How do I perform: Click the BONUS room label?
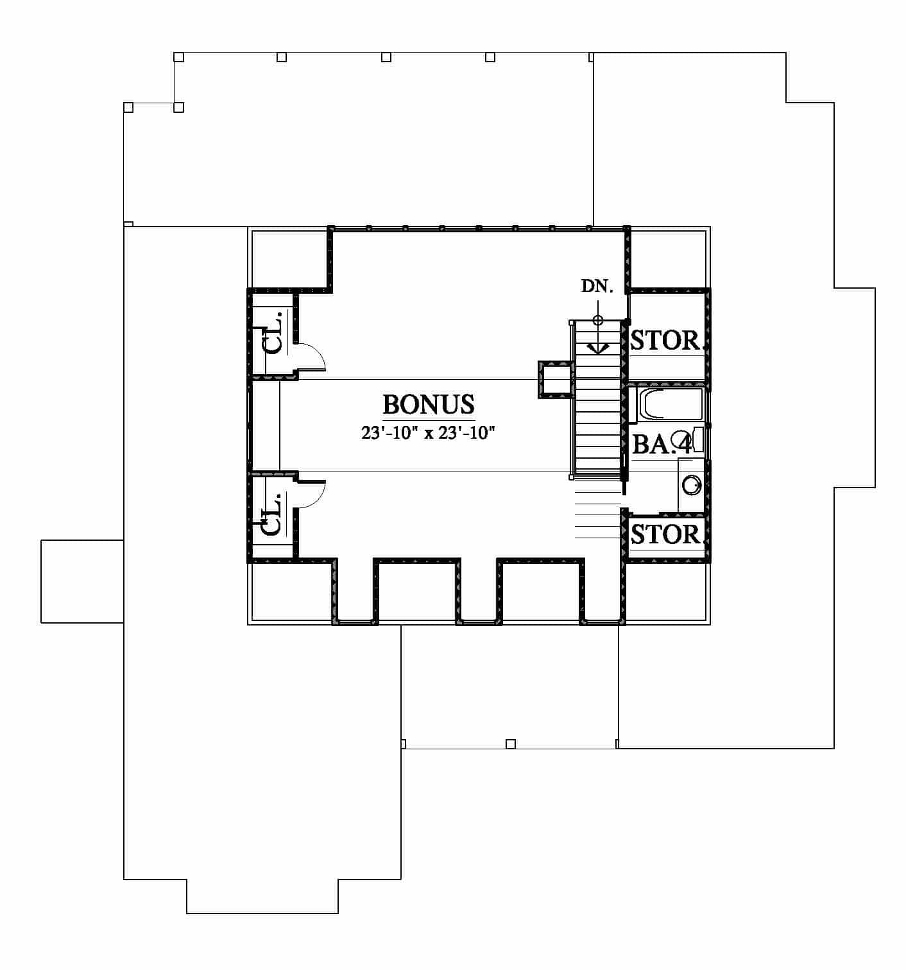(x=428, y=404)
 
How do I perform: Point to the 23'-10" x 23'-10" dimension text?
(x=428, y=433)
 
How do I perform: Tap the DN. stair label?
(x=597, y=285)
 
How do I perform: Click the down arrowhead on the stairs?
(x=597, y=348)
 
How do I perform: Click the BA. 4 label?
(x=662, y=445)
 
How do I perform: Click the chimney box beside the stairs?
(x=556, y=380)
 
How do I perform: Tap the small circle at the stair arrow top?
(x=597, y=320)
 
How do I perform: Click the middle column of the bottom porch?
(x=511, y=744)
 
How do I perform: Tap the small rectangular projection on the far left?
(x=82, y=581)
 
